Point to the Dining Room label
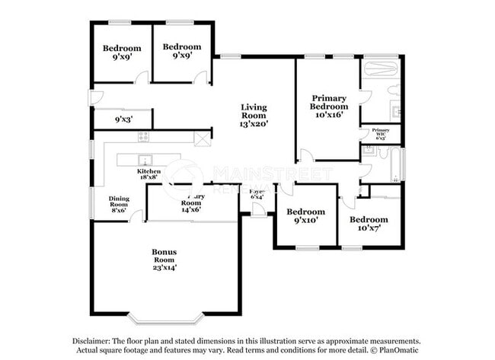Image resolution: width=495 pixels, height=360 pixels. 118,200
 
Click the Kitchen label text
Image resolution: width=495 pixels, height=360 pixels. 148,172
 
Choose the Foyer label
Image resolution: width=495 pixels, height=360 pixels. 257,192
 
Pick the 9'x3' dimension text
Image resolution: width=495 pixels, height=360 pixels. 121,119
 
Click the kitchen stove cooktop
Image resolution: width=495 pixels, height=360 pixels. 142,136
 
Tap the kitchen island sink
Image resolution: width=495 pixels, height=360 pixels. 142,160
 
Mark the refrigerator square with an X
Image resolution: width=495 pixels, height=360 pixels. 202,139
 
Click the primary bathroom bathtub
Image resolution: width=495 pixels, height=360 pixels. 380,70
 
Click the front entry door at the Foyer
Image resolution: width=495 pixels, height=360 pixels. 259,212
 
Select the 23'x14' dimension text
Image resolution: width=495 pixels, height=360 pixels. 163,267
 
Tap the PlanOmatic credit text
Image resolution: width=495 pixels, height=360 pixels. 398,351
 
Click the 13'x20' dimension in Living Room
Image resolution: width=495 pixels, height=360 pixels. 254,123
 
